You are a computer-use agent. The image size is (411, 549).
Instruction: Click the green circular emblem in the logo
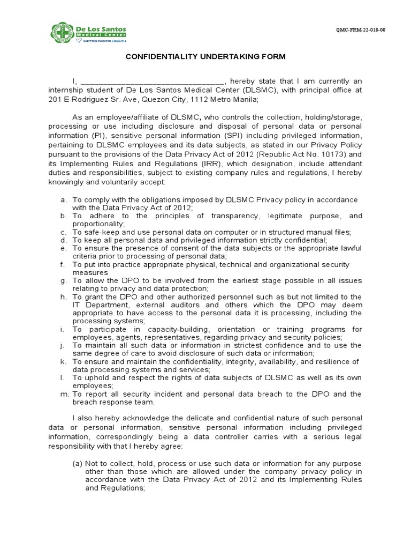62,32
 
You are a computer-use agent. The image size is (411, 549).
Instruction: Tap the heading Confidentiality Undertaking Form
205,57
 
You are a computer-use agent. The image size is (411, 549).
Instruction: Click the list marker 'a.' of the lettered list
63,200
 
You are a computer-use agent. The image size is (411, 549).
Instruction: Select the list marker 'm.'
63,394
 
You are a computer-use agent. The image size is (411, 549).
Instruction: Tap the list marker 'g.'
63,280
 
